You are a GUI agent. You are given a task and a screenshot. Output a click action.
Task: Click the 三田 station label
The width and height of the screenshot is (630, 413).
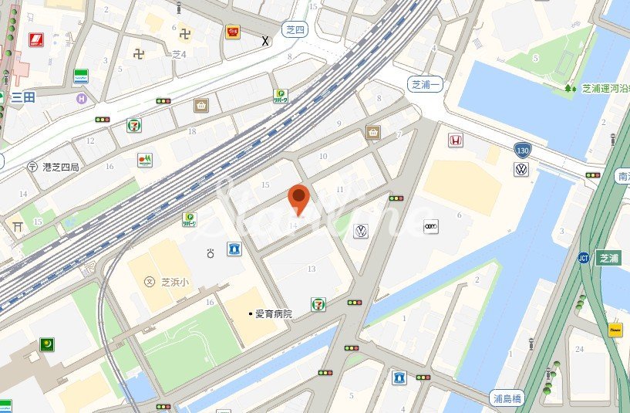pyautogui.click(x=23, y=97)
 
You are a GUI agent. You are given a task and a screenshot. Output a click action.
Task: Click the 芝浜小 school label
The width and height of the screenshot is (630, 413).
pyautogui.click(x=177, y=282)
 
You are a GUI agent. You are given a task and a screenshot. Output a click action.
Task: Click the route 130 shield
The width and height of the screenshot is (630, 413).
pyautogui.click(x=523, y=149)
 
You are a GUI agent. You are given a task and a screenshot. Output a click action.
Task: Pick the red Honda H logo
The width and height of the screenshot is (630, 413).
pyautogui.click(x=455, y=140)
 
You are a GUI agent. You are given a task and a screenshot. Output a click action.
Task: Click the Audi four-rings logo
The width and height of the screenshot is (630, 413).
pyautogui.click(x=431, y=225)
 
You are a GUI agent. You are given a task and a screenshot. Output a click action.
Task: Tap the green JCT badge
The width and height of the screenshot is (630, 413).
pyautogui.click(x=584, y=258)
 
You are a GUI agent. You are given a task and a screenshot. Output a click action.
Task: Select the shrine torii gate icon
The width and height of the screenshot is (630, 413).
pyautogui.click(x=17, y=226)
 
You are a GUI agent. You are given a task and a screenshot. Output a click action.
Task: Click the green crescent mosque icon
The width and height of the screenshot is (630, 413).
pyautogui.click(x=48, y=344)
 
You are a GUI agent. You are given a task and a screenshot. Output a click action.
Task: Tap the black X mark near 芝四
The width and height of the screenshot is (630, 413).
pyautogui.click(x=266, y=40)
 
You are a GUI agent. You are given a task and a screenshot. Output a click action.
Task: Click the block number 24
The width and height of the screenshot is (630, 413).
pyautogui.click(x=578, y=349)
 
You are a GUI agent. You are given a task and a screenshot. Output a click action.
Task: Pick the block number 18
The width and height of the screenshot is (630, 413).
pyautogui.click(x=192, y=132)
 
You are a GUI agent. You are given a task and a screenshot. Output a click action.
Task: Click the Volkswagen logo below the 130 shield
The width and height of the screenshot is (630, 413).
pyautogui.click(x=521, y=170)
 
